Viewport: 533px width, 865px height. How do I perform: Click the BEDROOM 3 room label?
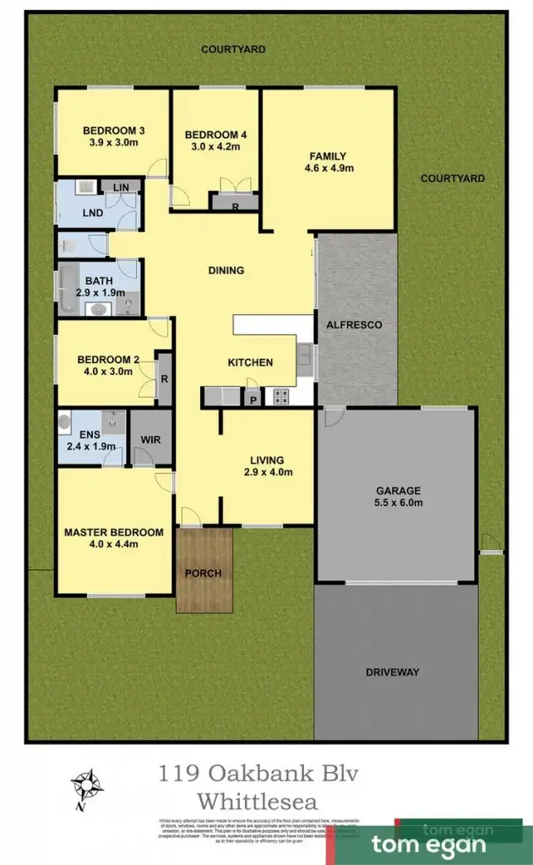click(113, 130)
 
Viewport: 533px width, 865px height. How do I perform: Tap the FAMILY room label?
click(329, 155)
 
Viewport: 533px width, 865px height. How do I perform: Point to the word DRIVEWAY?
click(392, 672)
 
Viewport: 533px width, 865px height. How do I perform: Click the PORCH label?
click(204, 574)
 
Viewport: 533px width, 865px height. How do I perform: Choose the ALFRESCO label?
click(359, 324)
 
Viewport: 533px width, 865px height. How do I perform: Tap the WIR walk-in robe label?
click(152, 440)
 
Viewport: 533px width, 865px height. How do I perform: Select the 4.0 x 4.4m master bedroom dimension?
click(113, 544)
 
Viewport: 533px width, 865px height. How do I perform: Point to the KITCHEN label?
click(251, 362)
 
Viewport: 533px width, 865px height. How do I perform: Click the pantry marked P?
click(253, 396)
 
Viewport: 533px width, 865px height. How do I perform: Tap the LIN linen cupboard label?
click(120, 187)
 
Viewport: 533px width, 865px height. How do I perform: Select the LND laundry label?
click(93, 213)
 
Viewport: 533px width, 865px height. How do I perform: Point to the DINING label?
click(226, 270)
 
